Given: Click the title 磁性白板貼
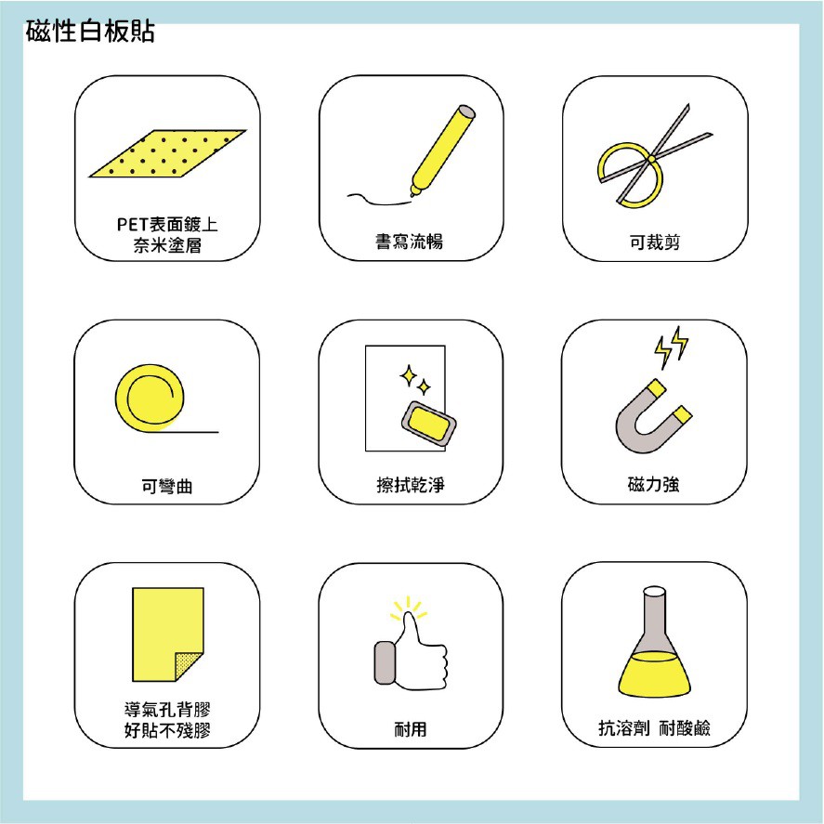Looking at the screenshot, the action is pos(90,32).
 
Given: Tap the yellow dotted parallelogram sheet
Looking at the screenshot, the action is pos(167,153).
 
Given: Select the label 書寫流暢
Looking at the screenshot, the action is pos(410,242).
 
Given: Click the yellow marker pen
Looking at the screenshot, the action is pos(442,151).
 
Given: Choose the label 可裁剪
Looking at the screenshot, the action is pos(655,242).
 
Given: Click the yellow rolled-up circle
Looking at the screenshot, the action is pos(150,398).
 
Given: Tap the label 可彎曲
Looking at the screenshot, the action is pos(167,486).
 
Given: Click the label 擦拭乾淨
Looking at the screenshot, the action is pos(411,485).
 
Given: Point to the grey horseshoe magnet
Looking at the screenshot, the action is pos(653,416).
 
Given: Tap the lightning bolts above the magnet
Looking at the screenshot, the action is pos(672,347).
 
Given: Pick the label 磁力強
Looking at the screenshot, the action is pos(654,484).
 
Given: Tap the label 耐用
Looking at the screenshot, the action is pos(411,729).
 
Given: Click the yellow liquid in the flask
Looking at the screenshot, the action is pos(654,674).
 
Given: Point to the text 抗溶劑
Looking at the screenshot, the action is pos(623,728).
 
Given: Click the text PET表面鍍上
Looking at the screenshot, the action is pos(167,225).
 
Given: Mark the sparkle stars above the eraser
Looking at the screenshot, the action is pos(415,380).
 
